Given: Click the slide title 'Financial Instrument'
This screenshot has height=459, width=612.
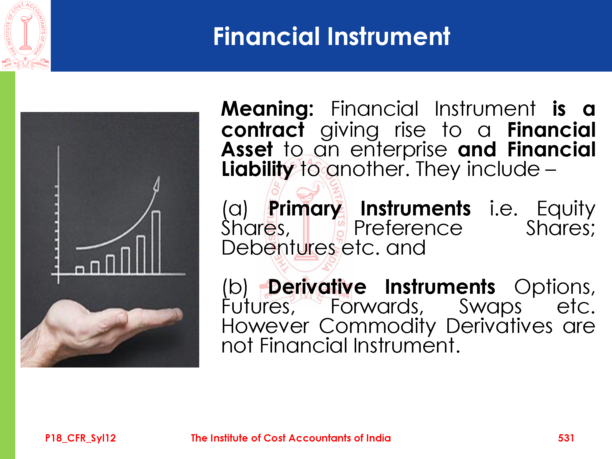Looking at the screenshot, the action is pos(332,36).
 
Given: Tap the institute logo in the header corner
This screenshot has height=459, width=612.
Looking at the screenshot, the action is pos(25,35).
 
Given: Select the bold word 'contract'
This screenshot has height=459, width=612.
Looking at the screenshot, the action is pos(263,130).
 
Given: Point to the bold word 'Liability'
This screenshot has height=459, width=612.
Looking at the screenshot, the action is pos(258,169).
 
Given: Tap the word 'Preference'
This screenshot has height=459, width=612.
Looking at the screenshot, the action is pos(408,228).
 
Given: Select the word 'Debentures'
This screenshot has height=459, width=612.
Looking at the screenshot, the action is pos(278,248).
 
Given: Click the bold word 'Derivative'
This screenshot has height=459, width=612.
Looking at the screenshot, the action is pos(317,287).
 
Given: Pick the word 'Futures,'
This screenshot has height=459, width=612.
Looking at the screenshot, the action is pos(258,307).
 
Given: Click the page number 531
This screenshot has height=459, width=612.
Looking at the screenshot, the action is pos(566,438).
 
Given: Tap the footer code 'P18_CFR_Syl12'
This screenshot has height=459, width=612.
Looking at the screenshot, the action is pos(80,438).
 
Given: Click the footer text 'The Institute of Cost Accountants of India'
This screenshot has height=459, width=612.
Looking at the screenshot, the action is pos(291,438).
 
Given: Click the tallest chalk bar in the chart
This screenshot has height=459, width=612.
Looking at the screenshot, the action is pos(156,242).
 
